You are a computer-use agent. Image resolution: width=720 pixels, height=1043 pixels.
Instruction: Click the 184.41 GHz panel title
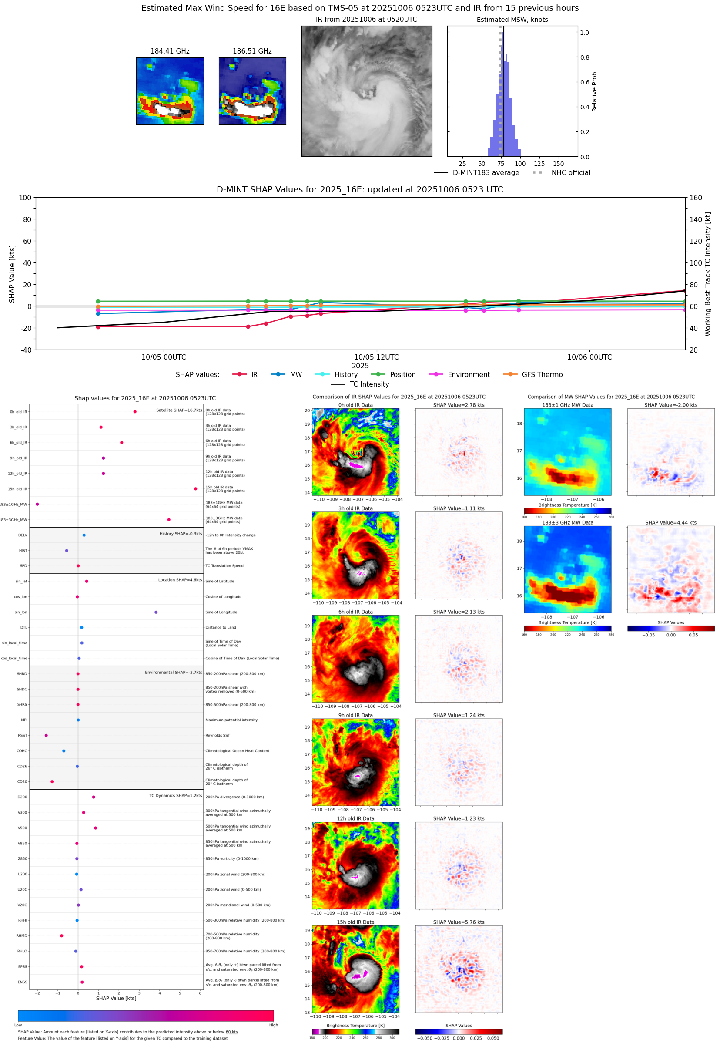(x=170, y=51)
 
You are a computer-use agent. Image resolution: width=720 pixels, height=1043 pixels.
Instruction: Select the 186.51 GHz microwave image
(x=252, y=91)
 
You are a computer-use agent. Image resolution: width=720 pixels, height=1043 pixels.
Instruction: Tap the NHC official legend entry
(x=571, y=173)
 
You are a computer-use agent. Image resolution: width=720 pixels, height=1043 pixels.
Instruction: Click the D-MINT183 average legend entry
(x=486, y=173)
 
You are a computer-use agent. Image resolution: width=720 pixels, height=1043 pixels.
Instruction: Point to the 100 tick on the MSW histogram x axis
(x=520, y=164)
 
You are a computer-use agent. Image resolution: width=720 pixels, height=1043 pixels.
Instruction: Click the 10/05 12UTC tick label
(x=376, y=357)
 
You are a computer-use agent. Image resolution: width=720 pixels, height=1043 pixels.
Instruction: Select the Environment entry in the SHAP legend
(x=468, y=375)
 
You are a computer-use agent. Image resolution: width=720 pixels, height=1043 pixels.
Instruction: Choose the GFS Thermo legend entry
(x=542, y=375)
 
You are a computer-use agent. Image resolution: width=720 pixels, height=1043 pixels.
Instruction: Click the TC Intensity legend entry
(x=368, y=384)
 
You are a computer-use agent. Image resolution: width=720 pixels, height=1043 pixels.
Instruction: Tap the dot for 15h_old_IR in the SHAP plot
(x=195, y=489)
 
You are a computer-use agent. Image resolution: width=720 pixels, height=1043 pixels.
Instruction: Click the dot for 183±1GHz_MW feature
(x=37, y=504)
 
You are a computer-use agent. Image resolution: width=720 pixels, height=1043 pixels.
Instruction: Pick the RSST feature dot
(x=46, y=735)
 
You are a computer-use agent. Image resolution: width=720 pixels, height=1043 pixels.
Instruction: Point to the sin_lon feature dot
(x=156, y=612)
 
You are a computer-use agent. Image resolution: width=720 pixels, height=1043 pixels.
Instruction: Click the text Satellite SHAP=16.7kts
(x=179, y=410)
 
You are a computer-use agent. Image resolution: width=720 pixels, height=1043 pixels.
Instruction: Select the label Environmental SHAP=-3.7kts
(x=173, y=673)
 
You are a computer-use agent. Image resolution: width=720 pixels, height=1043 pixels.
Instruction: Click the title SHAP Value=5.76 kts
(x=459, y=922)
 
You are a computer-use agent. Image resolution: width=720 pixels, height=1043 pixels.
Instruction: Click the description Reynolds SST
(x=218, y=735)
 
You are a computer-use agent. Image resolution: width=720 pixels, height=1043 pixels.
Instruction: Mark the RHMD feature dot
(x=61, y=935)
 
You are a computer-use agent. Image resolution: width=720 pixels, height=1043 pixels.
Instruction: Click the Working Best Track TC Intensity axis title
(x=707, y=274)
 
